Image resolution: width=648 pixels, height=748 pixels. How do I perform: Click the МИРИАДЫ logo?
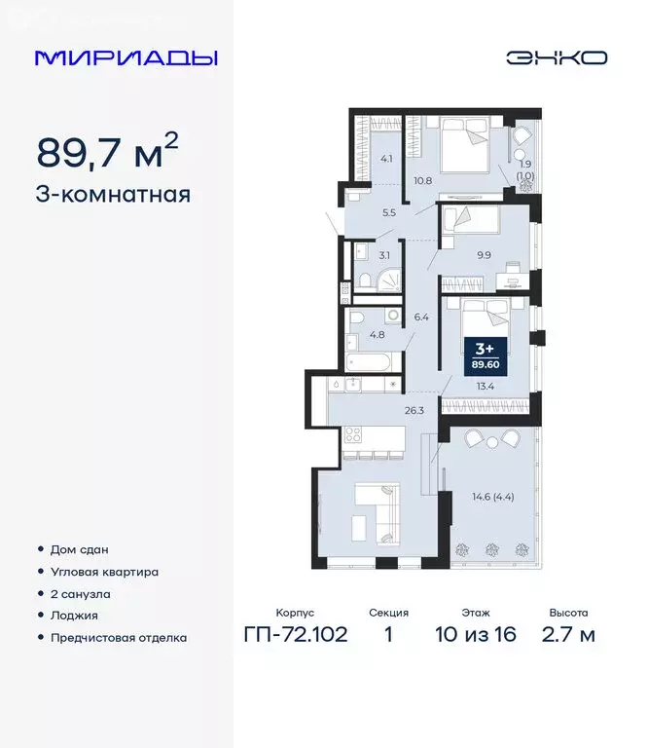(x=126, y=57)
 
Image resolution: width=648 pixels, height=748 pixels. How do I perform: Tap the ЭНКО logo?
(x=556, y=57)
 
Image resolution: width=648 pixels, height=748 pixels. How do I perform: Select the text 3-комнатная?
(x=114, y=194)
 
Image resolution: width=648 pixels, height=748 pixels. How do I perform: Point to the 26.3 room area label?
(x=414, y=410)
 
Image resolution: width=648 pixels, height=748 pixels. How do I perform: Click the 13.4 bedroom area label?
(x=482, y=385)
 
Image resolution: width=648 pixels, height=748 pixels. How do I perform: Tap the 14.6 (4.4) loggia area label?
(x=490, y=499)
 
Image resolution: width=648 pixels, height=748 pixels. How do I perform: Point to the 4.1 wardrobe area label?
(x=386, y=159)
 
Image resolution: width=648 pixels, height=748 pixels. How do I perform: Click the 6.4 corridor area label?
(x=420, y=317)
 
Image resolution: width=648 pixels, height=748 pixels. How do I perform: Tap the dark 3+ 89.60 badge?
(x=481, y=355)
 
